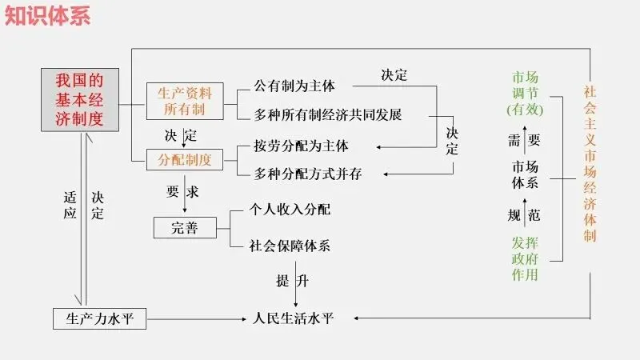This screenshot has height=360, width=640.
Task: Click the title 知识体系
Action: point(48,15)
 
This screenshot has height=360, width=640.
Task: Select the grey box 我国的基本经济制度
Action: point(80,99)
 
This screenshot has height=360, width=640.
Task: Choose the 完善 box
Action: point(185,227)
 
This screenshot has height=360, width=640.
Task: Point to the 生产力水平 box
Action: point(100,319)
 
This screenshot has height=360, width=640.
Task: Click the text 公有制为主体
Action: point(294,85)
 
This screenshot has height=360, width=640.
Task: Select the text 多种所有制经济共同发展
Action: point(327,114)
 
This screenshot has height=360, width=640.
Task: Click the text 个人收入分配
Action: point(290,210)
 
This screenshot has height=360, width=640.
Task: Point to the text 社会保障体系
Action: point(290,246)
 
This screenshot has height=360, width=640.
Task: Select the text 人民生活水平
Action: point(294,318)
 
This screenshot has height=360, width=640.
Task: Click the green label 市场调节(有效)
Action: point(525,93)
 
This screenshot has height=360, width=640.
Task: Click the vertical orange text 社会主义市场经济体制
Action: point(589,163)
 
